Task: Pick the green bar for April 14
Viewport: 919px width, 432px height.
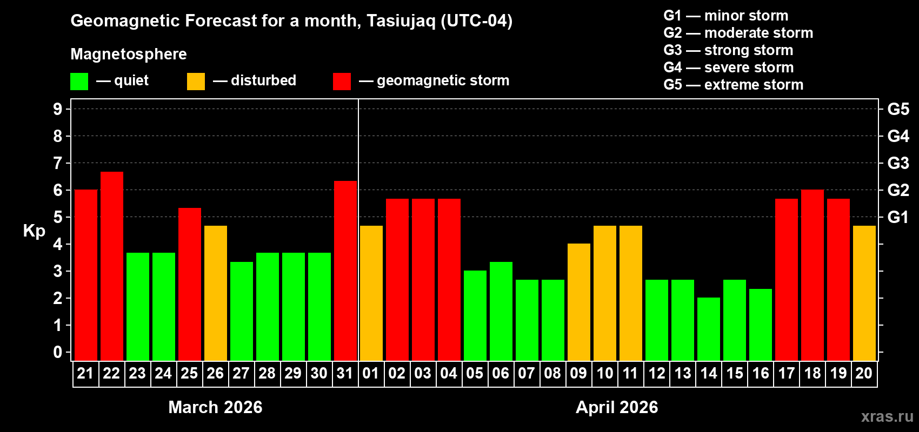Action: point(709,329)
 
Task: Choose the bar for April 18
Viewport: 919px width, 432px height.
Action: point(813,275)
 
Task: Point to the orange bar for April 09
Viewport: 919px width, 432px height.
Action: point(579,302)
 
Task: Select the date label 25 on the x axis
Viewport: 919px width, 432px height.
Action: point(189,373)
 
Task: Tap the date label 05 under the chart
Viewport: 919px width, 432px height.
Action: point(475,373)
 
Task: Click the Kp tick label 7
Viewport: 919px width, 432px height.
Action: point(58,163)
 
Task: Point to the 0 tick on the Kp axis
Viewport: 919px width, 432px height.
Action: point(58,352)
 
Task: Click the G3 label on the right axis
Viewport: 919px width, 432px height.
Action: point(898,163)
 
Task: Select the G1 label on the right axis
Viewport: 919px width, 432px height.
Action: point(898,217)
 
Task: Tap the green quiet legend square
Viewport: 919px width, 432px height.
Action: point(79,82)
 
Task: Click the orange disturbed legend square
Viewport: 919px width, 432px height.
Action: point(196,82)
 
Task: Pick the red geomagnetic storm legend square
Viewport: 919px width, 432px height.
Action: point(342,82)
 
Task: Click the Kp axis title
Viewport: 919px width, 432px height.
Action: point(34,231)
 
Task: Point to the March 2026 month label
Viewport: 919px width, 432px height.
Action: point(215,407)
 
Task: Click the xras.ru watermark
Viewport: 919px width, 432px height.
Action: point(887,416)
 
